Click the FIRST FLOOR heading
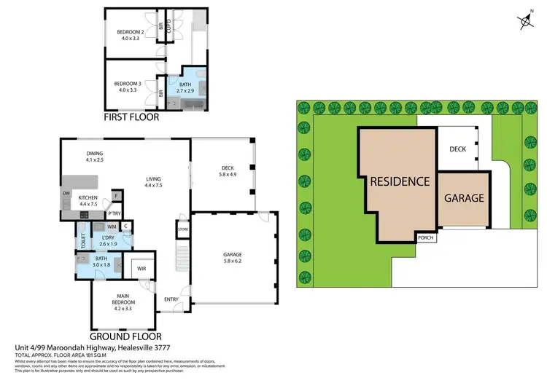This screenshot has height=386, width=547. coord(134,117)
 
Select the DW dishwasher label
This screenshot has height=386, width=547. coord(66,193)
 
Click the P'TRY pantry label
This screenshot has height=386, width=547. coord(113,213)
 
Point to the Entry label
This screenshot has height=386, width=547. coord(171,299)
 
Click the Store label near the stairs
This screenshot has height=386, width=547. coord(182,230)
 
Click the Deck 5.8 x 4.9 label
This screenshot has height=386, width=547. coord(228,172)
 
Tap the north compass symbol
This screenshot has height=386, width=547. coord(523,22)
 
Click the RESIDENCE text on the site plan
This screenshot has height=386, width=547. coord(398,181)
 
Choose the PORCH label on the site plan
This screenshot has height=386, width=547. coord(425,237)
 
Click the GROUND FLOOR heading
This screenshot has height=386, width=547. coord(126,337)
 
